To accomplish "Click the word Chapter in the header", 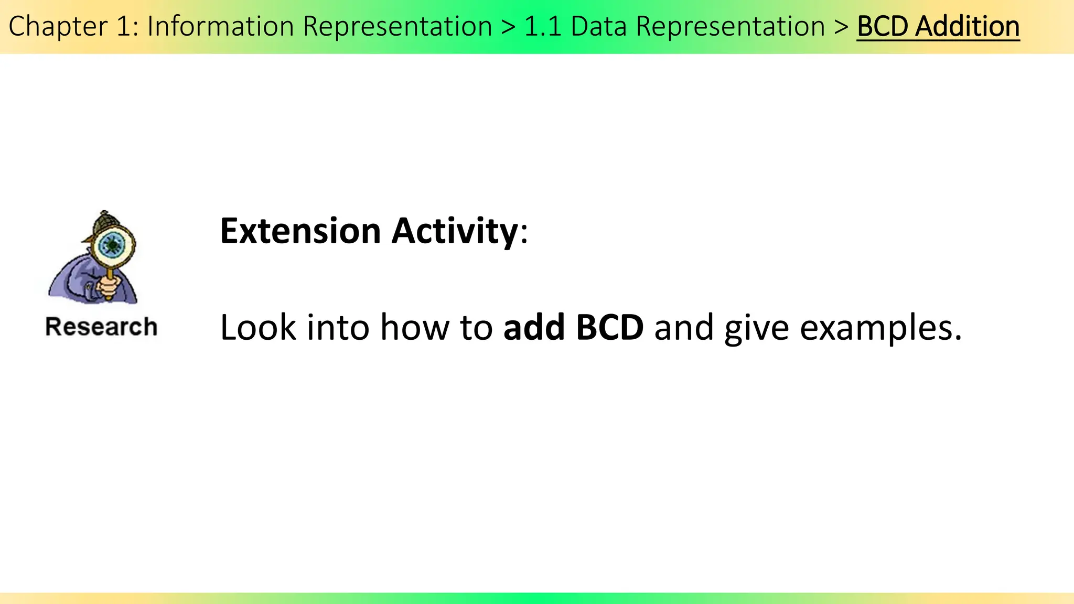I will click(x=58, y=26).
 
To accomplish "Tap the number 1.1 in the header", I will click(x=543, y=26).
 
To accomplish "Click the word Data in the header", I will click(x=598, y=26).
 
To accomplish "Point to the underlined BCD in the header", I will click(x=883, y=26).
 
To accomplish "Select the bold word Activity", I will click(x=455, y=231).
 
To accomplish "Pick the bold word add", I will click(x=533, y=328).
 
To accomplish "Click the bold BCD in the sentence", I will click(x=609, y=328).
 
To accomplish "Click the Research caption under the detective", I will click(x=101, y=327).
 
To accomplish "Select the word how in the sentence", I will click(x=414, y=328).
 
